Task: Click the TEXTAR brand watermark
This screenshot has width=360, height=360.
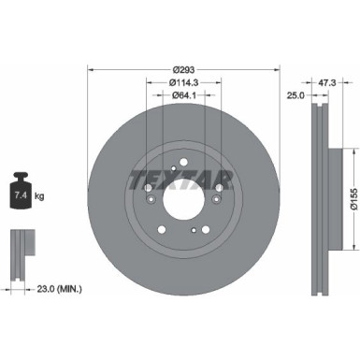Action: (184, 179)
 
